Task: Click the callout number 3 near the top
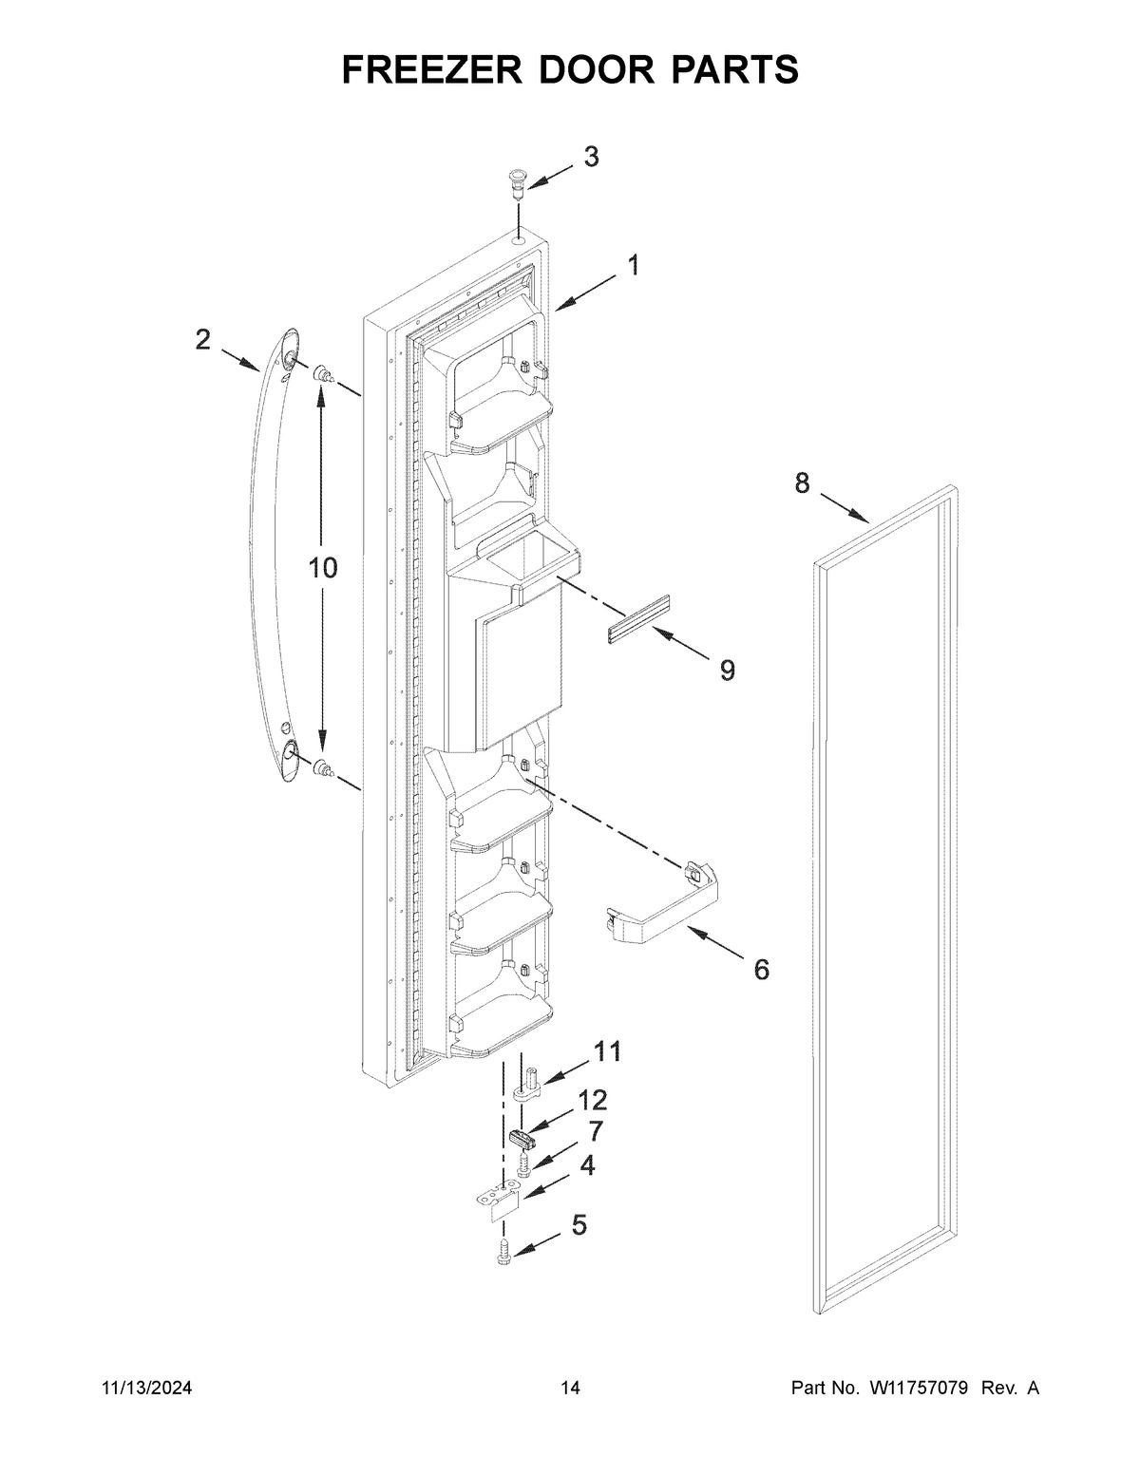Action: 591,157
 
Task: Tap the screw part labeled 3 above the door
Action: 517,182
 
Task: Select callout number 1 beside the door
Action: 632,265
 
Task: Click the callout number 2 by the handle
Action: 202,339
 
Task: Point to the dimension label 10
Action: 323,568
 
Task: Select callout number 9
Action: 727,671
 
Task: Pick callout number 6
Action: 762,969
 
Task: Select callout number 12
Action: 593,1100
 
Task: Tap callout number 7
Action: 595,1130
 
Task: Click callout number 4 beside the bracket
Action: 589,1164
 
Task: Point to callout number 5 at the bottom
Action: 579,1225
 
